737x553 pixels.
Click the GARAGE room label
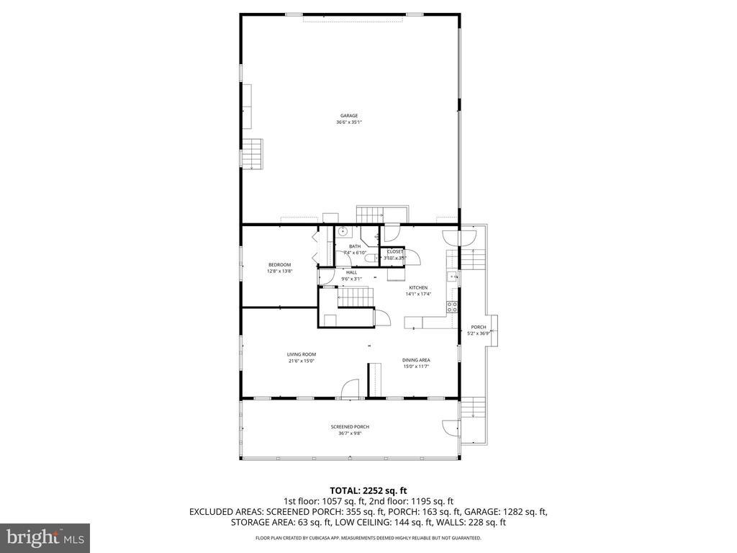pyautogui.click(x=349, y=116)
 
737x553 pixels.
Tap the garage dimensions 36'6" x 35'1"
pyautogui.click(x=349, y=122)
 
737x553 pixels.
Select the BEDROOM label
pyautogui.click(x=279, y=265)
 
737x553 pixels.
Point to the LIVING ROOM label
pyautogui.click(x=302, y=354)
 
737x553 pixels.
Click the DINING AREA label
pyautogui.click(x=416, y=360)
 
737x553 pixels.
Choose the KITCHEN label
pyautogui.click(x=419, y=287)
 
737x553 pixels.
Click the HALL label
pyautogui.click(x=351, y=272)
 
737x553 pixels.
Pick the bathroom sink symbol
pyautogui.click(x=343, y=232)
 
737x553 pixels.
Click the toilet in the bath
pyautogui.click(x=370, y=258)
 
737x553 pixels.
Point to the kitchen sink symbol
pyautogui.click(x=452, y=276)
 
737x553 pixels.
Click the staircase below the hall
pyautogui.click(x=356, y=296)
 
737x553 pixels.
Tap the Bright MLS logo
pyautogui.click(x=45, y=537)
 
